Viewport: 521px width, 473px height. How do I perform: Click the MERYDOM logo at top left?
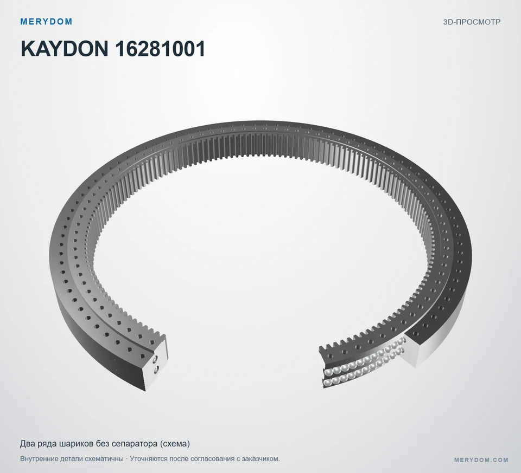point(46,22)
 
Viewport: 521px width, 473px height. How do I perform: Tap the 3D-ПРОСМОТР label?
point(472,22)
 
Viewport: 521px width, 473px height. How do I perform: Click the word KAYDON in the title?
point(65,49)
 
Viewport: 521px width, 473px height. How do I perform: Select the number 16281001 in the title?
point(160,49)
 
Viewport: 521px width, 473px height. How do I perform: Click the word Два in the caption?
point(27,444)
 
